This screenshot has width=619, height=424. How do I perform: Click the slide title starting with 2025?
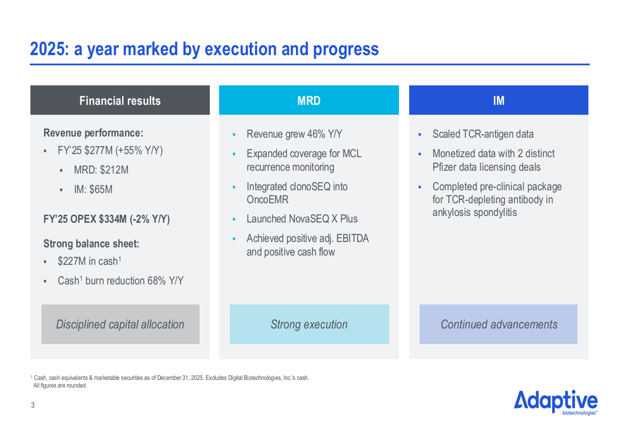pos(204,49)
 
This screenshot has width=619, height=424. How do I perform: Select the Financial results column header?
pos(120,101)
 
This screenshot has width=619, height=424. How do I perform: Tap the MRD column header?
pos(309,101)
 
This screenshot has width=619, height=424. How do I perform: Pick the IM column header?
pos(498,101)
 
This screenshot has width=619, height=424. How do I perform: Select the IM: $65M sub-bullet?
pos(93,190)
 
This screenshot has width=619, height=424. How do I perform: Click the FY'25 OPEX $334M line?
pos(106,219)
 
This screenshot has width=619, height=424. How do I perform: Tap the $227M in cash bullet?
pos(88,262)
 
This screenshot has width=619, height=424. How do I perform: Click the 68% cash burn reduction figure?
pos(155,281)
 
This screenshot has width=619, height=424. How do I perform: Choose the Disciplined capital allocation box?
pos(120,324)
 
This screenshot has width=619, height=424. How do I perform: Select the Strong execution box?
pos(309,324)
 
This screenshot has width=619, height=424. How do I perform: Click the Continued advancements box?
pos(498,324)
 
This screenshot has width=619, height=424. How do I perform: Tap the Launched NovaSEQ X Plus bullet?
pos(301,219)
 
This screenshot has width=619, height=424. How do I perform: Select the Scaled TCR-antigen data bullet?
pos(483,134)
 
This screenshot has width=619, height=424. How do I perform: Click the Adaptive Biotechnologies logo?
pos(555,402)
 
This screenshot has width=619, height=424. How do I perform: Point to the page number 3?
pos(33,405)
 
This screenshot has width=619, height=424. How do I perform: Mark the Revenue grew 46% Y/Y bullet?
pos(294,134)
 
